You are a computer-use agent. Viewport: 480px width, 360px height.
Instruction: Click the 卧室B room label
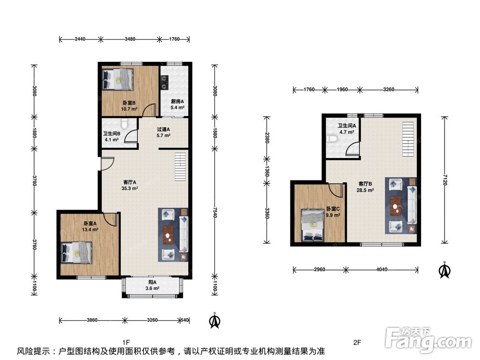click(x=129, y=103)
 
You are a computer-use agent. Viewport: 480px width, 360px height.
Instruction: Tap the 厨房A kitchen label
click(x=177, y=101)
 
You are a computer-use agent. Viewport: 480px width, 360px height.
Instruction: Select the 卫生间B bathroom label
click(x=111, y=133)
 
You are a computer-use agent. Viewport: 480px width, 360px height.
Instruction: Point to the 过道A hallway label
click(x=164, y=129)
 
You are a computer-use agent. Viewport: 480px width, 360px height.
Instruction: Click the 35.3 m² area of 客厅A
click(x=130, y=188)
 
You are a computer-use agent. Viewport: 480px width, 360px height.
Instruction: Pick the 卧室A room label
click(x=90, y=224)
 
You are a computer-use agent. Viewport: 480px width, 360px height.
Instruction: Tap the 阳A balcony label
click(x=153, y=282)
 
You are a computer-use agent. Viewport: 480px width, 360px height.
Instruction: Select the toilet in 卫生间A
click(x=332, y=139)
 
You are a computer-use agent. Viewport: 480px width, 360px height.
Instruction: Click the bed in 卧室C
click(x=312, y=226)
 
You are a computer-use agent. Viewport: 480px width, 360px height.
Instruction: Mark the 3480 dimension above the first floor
click(x=130, y=39)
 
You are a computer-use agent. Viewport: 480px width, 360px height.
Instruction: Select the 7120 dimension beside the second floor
click(x=445, y=180)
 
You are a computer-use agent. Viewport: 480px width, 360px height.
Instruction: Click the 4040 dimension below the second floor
click(x=382, y=270)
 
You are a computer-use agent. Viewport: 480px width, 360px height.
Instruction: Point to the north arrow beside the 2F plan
click(x=444, y=270)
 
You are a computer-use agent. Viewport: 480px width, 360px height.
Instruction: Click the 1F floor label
click(x=126, y=342)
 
